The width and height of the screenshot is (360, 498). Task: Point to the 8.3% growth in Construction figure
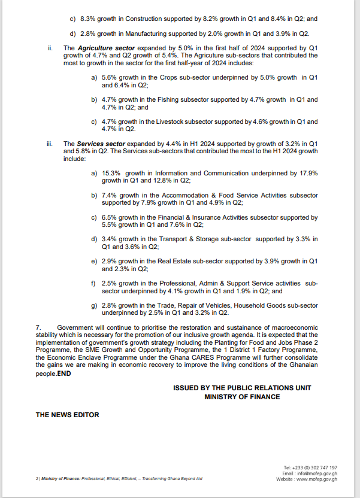pyautogui.click(x=88, y=18)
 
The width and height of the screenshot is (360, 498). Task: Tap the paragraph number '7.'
pyautogui.click(x=38, y=327)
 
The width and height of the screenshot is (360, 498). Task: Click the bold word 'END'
pyautogui.click(x=65, y=373)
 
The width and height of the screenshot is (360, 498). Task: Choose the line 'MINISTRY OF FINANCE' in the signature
pyautogui.click(x=242, y=397)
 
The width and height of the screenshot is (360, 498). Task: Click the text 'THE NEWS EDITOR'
pyautogui.click(x=67, y=415)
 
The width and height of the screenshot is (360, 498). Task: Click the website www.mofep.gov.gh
pyautogui.click(x=316, y=479)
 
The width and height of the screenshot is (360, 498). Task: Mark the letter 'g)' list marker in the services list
pyautogui.click(x=94, y=305)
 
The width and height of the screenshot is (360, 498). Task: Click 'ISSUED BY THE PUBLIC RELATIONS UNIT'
pyautogui.click(x=242, y=388)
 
